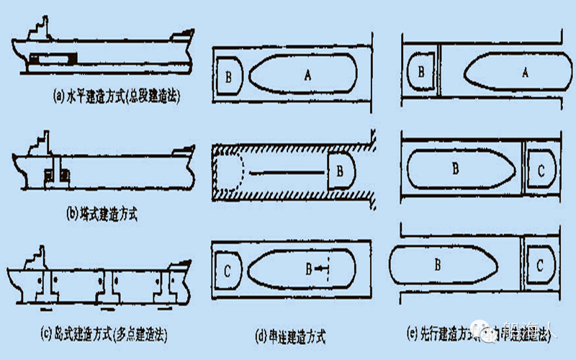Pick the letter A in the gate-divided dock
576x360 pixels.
[x=524, y=71]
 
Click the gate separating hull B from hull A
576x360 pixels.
[x=440, y=70]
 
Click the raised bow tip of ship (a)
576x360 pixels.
[x=188, y=32]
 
